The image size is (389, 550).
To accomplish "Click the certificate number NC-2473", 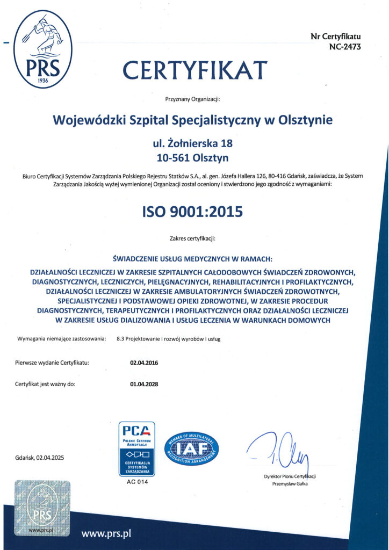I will pyautogui.click(x=344, y=47).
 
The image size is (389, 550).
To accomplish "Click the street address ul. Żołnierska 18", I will pyautogui.click(x=193, y=143).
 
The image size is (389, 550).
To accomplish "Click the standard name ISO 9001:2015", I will pyautogui.click(x=192, y=211).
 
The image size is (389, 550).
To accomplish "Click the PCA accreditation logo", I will pyautogui.click(x=137, y=448).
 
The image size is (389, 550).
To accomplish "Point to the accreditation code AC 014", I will pyautogui.click(x=136, y=482).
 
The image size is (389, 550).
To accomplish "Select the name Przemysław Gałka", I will pyautogui.click(x=290, y=484).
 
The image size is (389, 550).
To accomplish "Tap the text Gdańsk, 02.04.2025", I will pyautogui.click(x=40, y=458).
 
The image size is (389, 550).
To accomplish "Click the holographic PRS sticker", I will pyautogui.click(x=42, y=508).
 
